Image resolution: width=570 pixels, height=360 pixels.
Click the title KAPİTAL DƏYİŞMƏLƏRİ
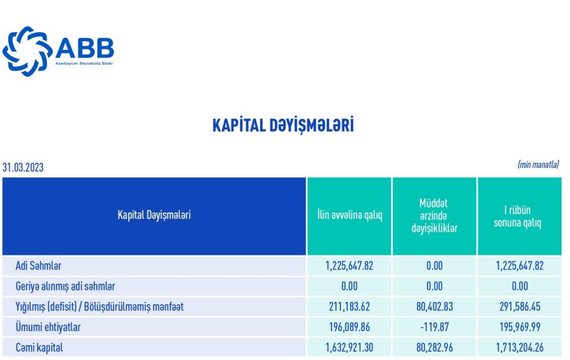[x=283, y=125]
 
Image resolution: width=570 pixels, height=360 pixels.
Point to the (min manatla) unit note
[x=538, y=164]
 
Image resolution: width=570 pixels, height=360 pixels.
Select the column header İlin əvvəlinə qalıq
[x=349, y=216]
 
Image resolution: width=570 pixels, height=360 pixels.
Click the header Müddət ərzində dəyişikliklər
[x=434, y=216]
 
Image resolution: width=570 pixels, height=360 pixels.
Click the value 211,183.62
[x=349, y=306]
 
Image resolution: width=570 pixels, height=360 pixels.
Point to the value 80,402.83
[x=434, y=306]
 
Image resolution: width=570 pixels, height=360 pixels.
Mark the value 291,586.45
[x=519, y=306]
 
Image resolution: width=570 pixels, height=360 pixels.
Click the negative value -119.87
[x=434, y=326]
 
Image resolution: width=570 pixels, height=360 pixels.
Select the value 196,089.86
[x=349, y=326]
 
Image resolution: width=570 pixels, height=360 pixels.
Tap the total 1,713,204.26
[x=519, y=347]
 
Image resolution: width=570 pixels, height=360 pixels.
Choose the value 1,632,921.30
[x=349, y=347]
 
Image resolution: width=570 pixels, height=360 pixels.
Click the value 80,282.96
[x=434, y=347]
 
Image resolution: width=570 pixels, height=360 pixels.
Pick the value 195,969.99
[x=519, y=326]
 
